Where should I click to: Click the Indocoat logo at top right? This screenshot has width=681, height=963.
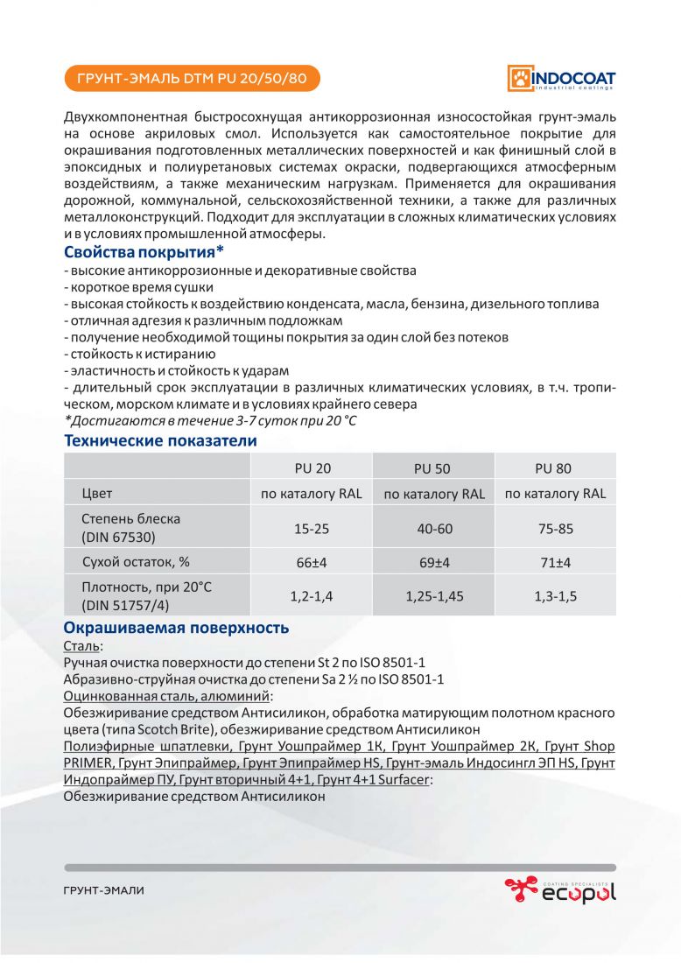tap(562, 78)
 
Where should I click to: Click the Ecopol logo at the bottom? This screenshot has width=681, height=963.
tap(560, 890)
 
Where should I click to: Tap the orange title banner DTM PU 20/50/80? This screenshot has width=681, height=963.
tap(192, 79)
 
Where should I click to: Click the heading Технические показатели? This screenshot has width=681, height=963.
tap(161, 440)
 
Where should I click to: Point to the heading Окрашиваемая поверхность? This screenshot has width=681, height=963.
tap(176, 628)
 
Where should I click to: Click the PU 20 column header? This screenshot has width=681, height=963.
tap(312, 468)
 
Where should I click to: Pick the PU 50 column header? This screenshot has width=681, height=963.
tap(433, 468)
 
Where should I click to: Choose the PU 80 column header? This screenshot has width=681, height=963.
tap(554, 468)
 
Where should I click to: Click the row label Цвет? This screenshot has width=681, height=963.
tap(97, 493)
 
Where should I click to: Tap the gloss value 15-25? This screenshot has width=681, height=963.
tap(312, 528)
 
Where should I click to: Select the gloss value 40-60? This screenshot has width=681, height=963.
tap(433, 528)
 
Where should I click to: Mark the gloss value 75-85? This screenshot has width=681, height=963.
tap(554, 528)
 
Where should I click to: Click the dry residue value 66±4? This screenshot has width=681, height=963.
tap(312, 562)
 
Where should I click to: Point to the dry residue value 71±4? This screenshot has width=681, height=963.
tap(554, 562)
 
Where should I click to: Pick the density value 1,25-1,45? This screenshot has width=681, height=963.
tap(433, 595)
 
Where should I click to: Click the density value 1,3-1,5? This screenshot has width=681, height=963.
tap(554, 595)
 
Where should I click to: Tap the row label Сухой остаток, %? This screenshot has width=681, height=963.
tap(136, 561)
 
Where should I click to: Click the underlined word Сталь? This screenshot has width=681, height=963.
tap(81, 645)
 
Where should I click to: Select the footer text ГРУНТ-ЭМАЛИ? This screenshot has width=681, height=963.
tap(103, 890)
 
